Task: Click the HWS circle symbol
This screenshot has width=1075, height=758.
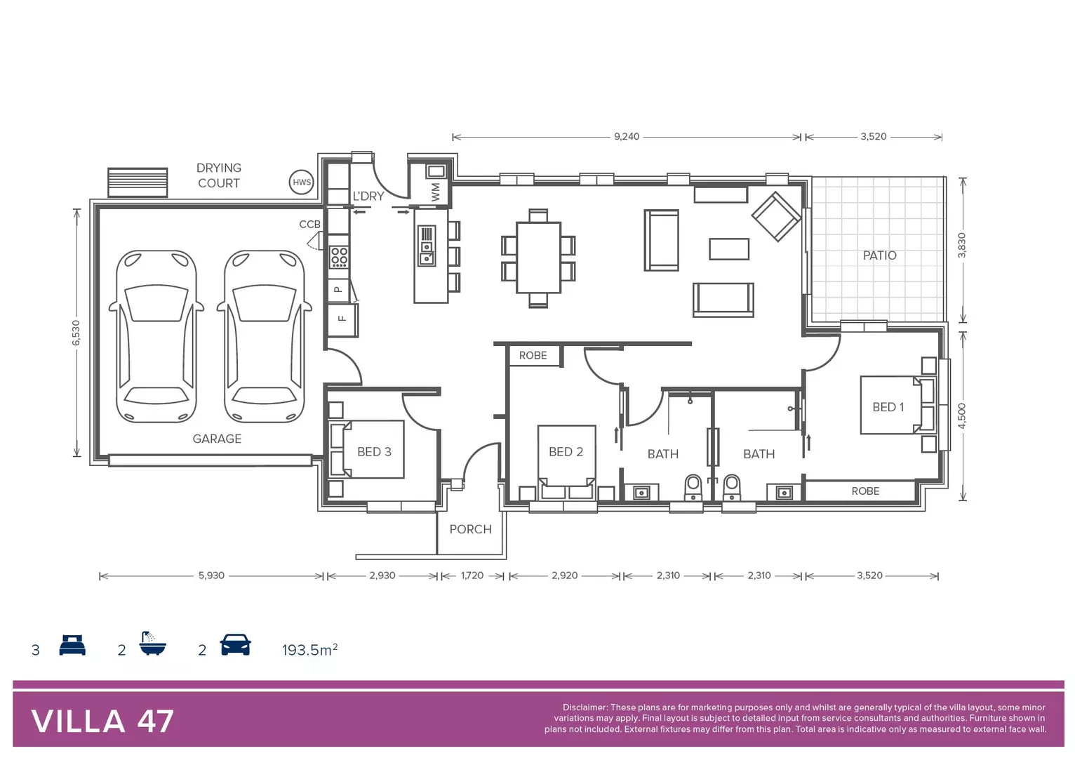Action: [302, 182]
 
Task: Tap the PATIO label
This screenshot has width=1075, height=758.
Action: [879, 255]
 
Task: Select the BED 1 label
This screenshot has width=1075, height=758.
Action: [888, 407]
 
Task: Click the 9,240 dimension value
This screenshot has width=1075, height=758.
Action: [627, 137]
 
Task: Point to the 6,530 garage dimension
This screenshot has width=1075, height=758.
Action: [76, 333]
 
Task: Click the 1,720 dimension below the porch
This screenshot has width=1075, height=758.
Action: [472, 576]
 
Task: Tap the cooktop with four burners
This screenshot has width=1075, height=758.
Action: [339, 258]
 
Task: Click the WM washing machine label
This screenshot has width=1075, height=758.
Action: [436, 192]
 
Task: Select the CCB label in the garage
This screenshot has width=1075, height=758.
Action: [309, 225]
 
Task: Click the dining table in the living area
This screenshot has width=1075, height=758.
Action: [538, 258]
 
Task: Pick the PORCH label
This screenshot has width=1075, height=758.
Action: [470, 529]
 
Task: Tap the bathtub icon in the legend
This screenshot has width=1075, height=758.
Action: [152, 644]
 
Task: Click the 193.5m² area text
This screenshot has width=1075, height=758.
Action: [309, 650]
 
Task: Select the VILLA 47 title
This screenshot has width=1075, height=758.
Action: [102, 722]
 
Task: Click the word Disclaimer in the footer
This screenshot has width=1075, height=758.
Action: [585, 707]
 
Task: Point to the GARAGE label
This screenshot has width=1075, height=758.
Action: [217, 439]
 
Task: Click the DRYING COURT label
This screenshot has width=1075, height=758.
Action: [219, 175]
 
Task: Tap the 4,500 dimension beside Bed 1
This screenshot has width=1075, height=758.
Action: [962, 416]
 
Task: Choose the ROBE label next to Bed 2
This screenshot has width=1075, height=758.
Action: [533, 356]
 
